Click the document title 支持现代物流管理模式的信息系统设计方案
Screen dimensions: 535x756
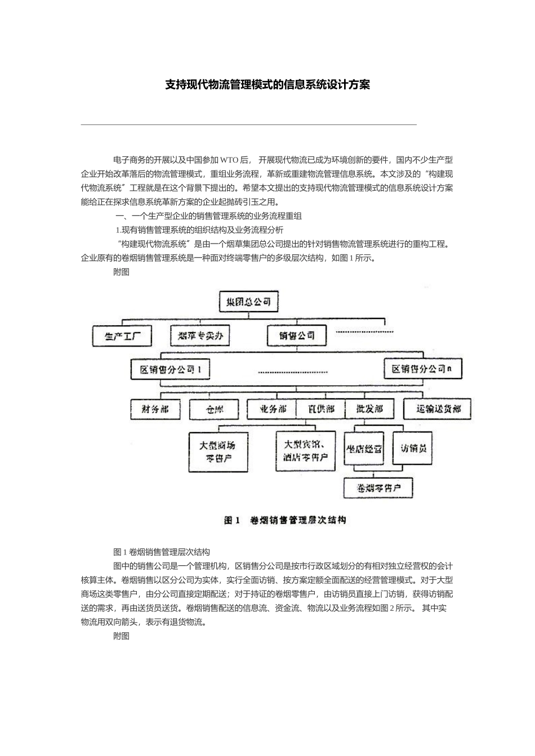tap(267, 85)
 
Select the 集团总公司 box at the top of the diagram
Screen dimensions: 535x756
tap(248, 302)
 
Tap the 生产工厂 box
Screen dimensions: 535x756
tap(121, 336)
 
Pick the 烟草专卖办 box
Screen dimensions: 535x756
tap(200, 336)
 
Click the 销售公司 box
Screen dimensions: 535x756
tap(297, 336)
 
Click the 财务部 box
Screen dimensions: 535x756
tap(155, 409)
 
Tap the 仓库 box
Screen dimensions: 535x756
tap(214, 409)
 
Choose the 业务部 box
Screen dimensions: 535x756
tap(273, 409)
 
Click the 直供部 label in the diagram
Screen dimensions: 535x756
tap(322, 409)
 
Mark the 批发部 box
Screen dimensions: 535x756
tap(369, 409)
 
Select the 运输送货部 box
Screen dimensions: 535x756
tap(439, 409)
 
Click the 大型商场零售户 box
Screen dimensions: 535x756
tap(217, 451)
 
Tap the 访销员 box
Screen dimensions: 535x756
tap(413, 448)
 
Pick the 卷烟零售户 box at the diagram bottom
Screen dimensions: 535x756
tap(378, 487)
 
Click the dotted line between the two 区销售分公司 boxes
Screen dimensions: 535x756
tap(292, 372)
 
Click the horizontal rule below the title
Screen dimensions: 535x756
tap(248, 124)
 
